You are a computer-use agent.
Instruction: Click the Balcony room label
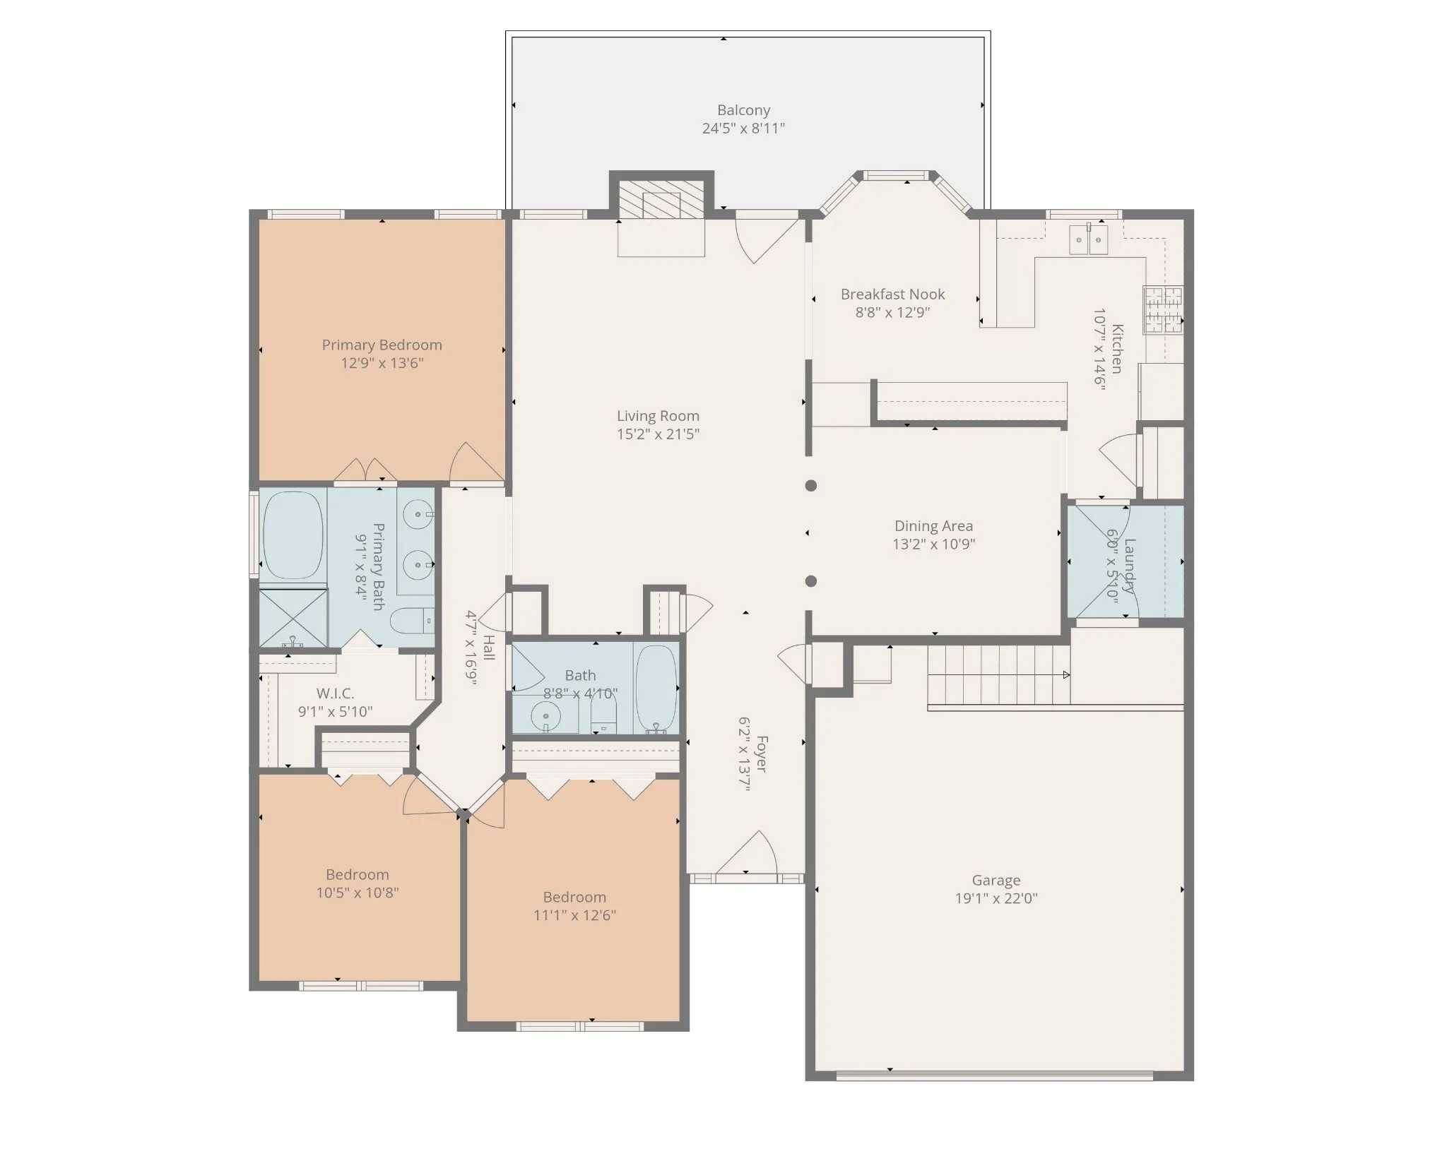pyautogui.click(x=743, y=110)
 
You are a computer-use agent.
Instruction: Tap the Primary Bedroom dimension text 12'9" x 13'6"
pyautogui.click(x=382, y=363)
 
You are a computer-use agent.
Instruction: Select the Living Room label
pyautogui.click(x=658, y=416)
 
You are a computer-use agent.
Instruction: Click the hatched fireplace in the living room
pyautogui.click(x=661, y=199)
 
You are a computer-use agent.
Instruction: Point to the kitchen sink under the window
pyautogui.click(x=1088, y=239)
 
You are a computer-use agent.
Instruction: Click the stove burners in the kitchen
pyautogui.click(x=1163, y=309)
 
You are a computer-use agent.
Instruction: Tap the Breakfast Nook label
pyautogui.click(x=893, y=294)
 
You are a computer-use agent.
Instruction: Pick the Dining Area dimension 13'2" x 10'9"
pyautogui.click(x=934, y=544)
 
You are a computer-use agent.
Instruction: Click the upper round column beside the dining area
pyautogui.click(x=811, y=486)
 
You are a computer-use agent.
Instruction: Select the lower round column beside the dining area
pyautogui.click(x=811, y=581)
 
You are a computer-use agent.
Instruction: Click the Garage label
pyautogui.click(x=996, y=880)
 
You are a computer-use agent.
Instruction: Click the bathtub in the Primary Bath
pyautogui.click(x=293, y=536)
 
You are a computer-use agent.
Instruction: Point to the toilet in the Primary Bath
pyautogui.click(x=413, y=621)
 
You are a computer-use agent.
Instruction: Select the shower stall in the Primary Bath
pyautogui.click(x=293, y=618)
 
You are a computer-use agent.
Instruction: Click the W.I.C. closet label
pyautogui.click(x=335, y=693)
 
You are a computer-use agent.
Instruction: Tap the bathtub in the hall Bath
pyautogui.click(x=656, y=689)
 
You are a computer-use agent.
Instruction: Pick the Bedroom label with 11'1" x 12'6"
pyautogui.click(x=574, y=897)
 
